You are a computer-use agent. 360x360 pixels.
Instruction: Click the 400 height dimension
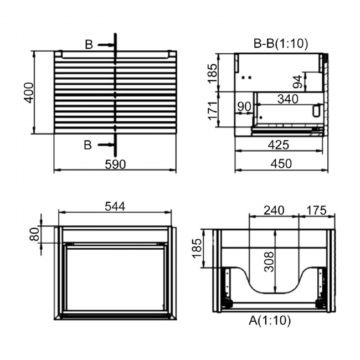click(29, 92)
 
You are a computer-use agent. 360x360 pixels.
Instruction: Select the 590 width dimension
click(115, 164)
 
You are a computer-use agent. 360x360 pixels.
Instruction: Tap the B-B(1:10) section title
click(280, 43)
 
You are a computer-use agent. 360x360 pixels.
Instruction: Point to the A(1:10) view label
click(270, 320)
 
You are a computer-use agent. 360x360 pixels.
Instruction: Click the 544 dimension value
click(115, 206)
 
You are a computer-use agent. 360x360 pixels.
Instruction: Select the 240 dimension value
click(274, 210)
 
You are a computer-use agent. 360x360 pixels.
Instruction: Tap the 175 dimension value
click(316, 210)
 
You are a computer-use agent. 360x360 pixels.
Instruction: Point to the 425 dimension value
click(279, 145)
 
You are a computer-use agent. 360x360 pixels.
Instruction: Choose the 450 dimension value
click(280, 164)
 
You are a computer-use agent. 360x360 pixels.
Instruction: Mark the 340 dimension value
click(288, 99)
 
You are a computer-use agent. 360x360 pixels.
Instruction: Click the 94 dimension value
click(298, 82)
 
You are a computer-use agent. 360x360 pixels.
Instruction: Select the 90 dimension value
click(244, 106)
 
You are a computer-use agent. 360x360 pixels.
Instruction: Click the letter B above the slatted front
click(89, 45)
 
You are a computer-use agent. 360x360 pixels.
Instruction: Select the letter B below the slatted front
click(88, 145)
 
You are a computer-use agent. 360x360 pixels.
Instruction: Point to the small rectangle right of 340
click(316, 111)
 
